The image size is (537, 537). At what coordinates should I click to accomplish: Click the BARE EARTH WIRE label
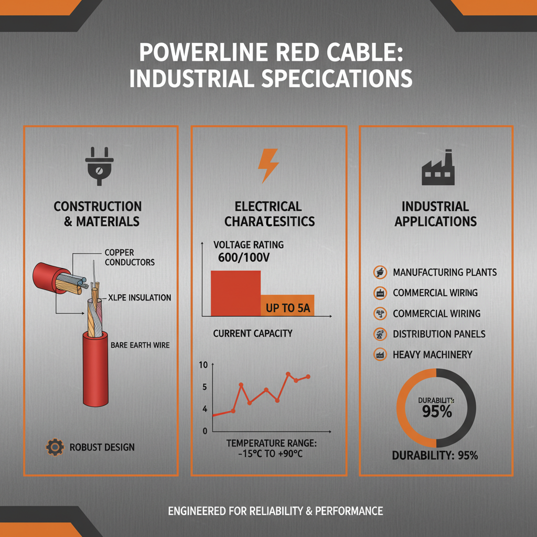point(140,346)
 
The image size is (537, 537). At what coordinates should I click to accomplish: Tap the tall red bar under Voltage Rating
point(235,293)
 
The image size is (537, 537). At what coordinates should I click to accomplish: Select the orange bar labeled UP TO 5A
point(287,306)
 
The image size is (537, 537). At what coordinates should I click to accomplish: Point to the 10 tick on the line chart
point(205,365)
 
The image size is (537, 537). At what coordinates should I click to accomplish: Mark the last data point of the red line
point(308,377)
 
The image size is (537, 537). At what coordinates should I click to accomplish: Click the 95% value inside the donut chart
point(437,412)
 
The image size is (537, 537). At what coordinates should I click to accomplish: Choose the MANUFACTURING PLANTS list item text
point(445,273)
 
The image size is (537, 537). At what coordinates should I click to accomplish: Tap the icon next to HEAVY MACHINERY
point(379,355)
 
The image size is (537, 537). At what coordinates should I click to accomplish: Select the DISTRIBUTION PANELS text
point(439,334)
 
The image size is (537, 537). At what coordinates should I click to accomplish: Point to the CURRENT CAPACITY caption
point(253,334)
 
